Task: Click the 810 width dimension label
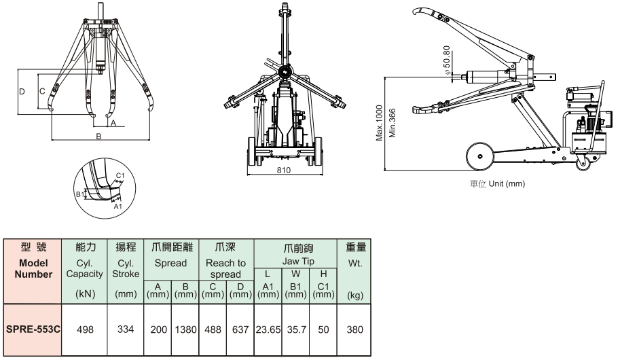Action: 284,171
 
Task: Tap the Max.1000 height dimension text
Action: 380,122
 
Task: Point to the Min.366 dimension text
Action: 392,122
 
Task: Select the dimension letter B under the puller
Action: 98,137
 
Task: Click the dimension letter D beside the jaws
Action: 22,90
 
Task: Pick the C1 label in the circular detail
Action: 120,176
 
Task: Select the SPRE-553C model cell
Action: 33,328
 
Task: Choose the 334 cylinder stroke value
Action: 126,328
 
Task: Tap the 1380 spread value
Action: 183,328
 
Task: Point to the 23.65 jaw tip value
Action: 268,328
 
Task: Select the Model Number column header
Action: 33,268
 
